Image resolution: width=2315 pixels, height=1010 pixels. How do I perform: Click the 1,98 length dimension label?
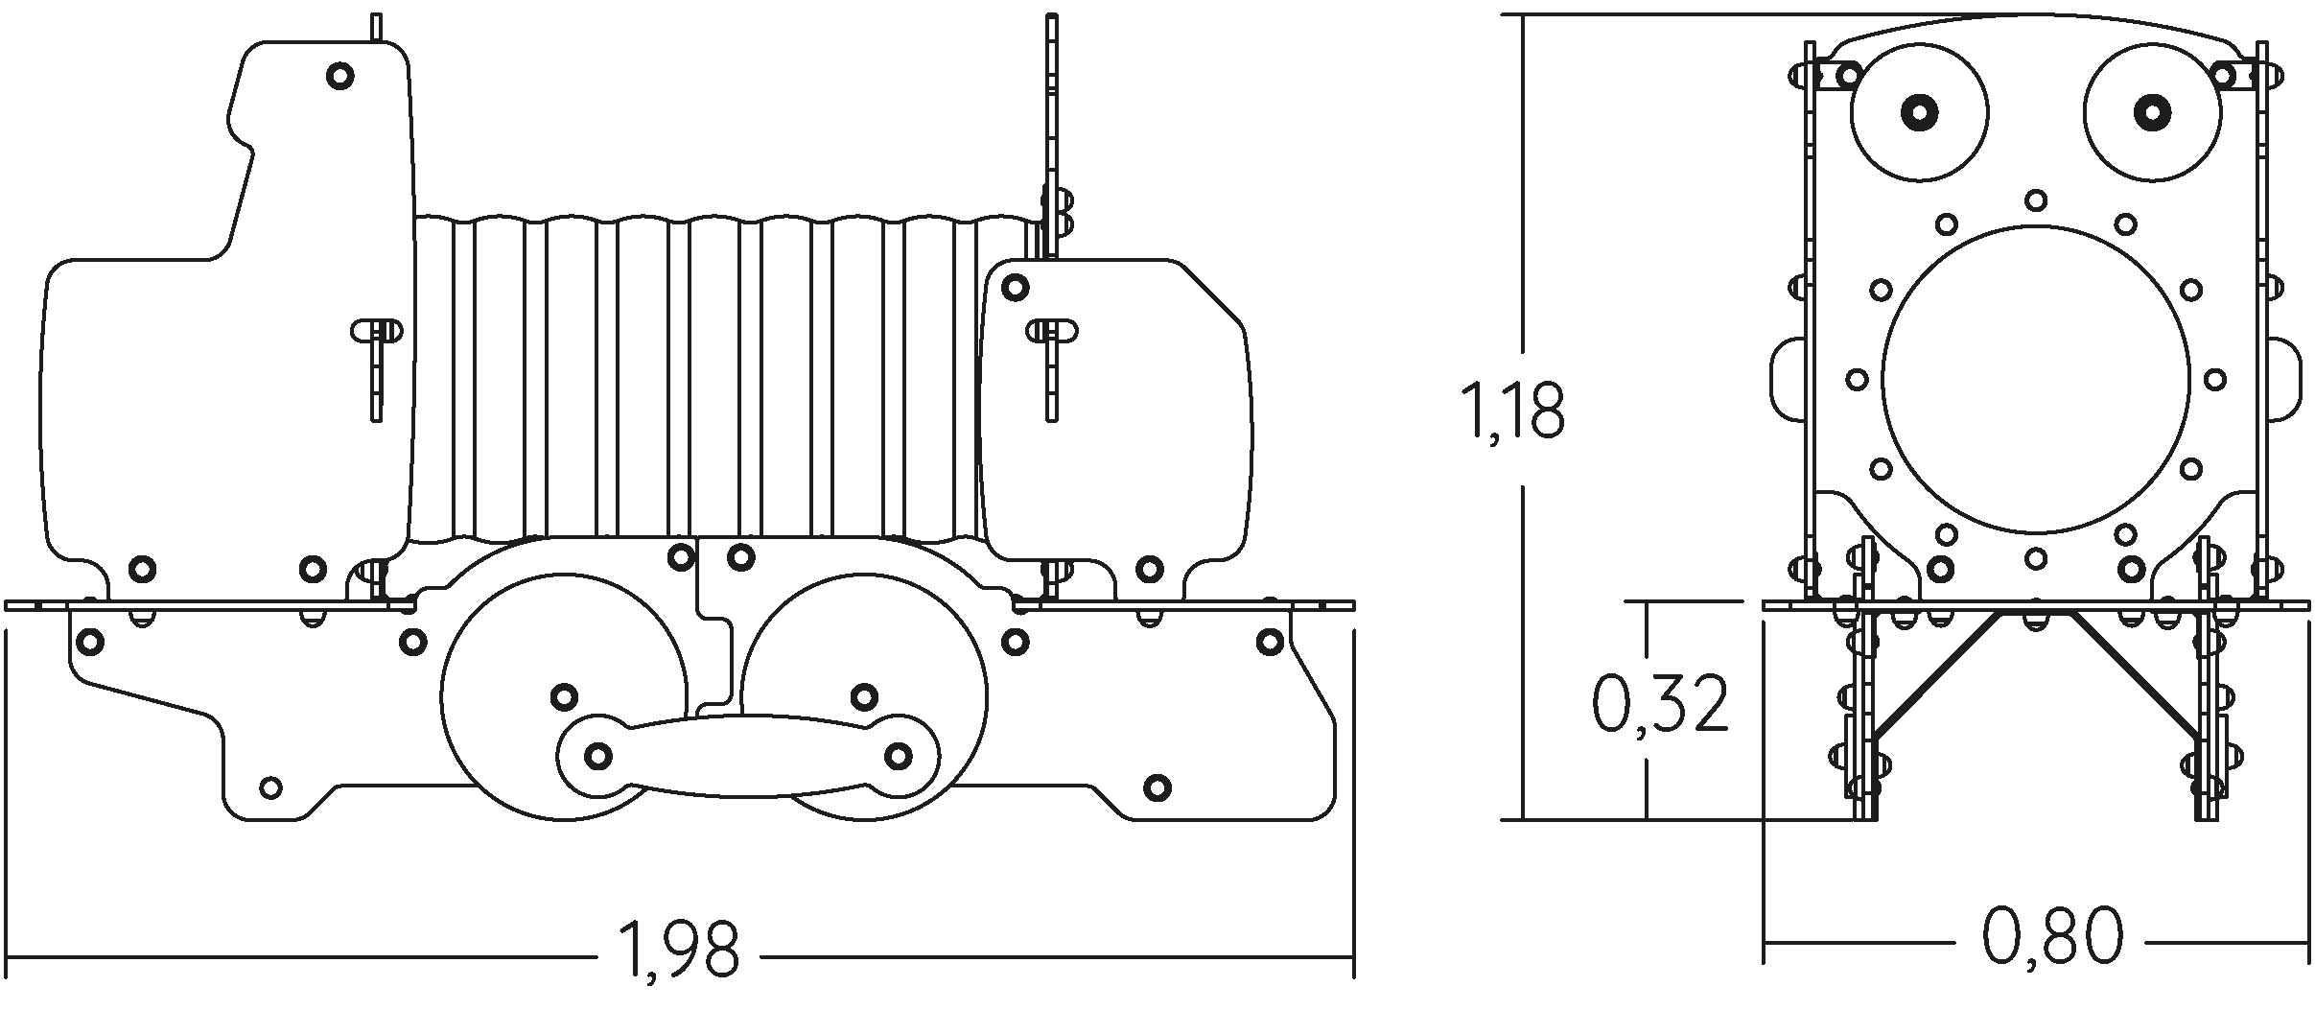click(x=680, y=950)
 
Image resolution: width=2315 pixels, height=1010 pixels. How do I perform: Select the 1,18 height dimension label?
click(x=1511, y=411)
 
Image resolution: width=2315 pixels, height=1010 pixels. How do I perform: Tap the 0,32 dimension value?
click(x=1660, y=703)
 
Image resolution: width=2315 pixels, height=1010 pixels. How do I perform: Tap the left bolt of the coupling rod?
click(x=598, y=756)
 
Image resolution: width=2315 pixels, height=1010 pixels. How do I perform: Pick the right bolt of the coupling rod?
click(x=898, y=756)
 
